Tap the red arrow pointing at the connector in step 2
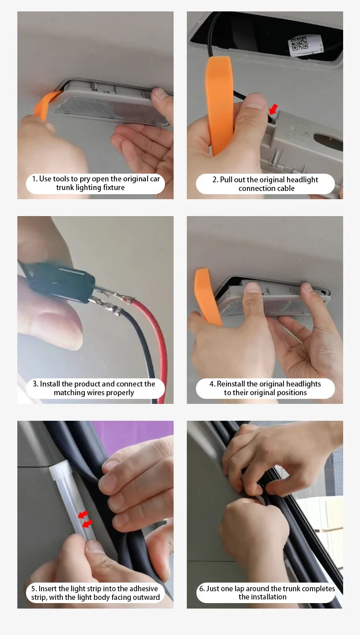point(273,109)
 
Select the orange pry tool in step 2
point(220,104)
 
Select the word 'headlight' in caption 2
point(302,180)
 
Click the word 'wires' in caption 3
point(101,392)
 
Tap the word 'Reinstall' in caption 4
point(231,384)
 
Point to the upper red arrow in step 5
point(83,515)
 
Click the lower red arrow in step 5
point(87,524)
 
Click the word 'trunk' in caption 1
point(65,188)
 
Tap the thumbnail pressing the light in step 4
point(253,288)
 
